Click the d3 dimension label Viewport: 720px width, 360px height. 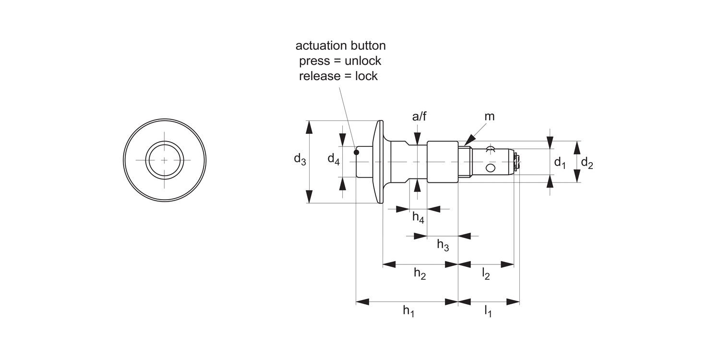pyautogui.click(x=300, y=159)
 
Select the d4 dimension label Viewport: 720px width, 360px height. pyautogui.click(x=334, y=159)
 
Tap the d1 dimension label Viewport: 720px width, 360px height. pyautogui.click(x=560, y=163)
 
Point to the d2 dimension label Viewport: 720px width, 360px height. pyautogui.click(x=587, y=163)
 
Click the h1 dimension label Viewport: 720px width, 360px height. pyautogui.click(x=408, y=312)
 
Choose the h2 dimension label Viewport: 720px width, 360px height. pyautogui.click(x=420, y=274)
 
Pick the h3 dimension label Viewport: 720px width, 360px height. pyautogui.click(x=443, y=245)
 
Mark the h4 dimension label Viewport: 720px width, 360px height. pyautogui.click(x=418, y=217)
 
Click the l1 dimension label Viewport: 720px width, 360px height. pyautogui.click(x=488, y=312)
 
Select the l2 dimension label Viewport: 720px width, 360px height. pyautogui.click(x=486, y=274)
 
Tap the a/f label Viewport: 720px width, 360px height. pyautogui.click(x=419, y=117)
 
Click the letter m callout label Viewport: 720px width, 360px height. pyautogui.click(x=490, y=117)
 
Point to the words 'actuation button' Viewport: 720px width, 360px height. pyautogui.click(x=340, y=46)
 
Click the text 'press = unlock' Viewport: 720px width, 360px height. pyautogui.click(x=340, y=61)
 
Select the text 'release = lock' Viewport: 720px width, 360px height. pyautogui.click(x=338, y=76)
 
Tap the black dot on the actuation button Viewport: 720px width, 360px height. pyautogui.click(x=356, y=153)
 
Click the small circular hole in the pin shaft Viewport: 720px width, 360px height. pyautogui.click(x=490, y=168)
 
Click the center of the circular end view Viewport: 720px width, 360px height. pyautogui.click(x=165, y=160)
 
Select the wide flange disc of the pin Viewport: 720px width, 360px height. pyautogui.click(x=380, y=162)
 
